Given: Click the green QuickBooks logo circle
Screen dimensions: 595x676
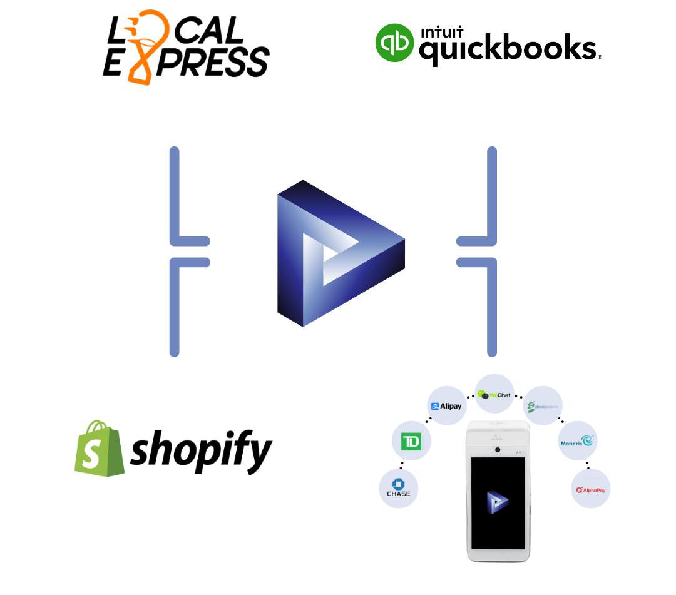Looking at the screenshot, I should [x=394, y=43].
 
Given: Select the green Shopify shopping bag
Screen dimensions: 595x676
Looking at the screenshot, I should [x=99, y=449].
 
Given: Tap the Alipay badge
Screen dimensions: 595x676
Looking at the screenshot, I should [x=446, y=406].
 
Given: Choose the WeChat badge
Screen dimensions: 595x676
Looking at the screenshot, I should [x=494, y=394].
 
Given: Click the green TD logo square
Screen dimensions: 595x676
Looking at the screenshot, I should [x=411, y=442].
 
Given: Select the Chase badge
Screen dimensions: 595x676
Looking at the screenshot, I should [x=398, y=488].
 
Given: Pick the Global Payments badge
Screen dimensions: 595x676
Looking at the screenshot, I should [x=542, y=406].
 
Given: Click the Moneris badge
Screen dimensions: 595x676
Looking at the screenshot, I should [x=577, y=441].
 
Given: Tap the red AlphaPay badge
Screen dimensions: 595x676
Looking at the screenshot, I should [x=590, y=489].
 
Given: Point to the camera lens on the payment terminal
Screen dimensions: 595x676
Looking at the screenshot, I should [x=498, y=450].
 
